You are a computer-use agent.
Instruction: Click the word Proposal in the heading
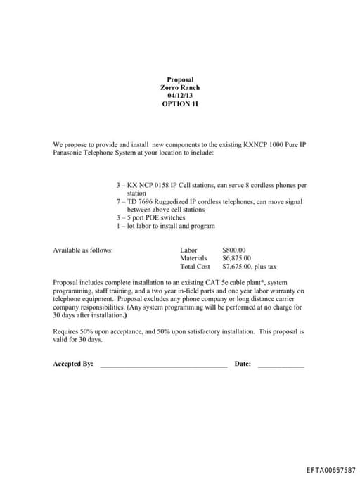point(180,80)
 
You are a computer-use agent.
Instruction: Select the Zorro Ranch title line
point(180,88)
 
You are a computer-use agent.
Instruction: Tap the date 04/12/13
point(180,96)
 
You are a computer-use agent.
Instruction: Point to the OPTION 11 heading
point(180,103)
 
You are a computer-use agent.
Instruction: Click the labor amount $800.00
point(233,250)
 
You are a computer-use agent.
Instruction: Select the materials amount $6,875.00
point(237,258)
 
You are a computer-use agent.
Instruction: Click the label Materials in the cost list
point(193,258)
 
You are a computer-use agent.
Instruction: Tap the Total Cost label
point(195,267)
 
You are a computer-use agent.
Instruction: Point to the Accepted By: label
point(73,364)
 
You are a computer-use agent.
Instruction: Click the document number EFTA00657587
point(330,469)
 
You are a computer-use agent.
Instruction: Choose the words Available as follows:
point(83,250)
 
